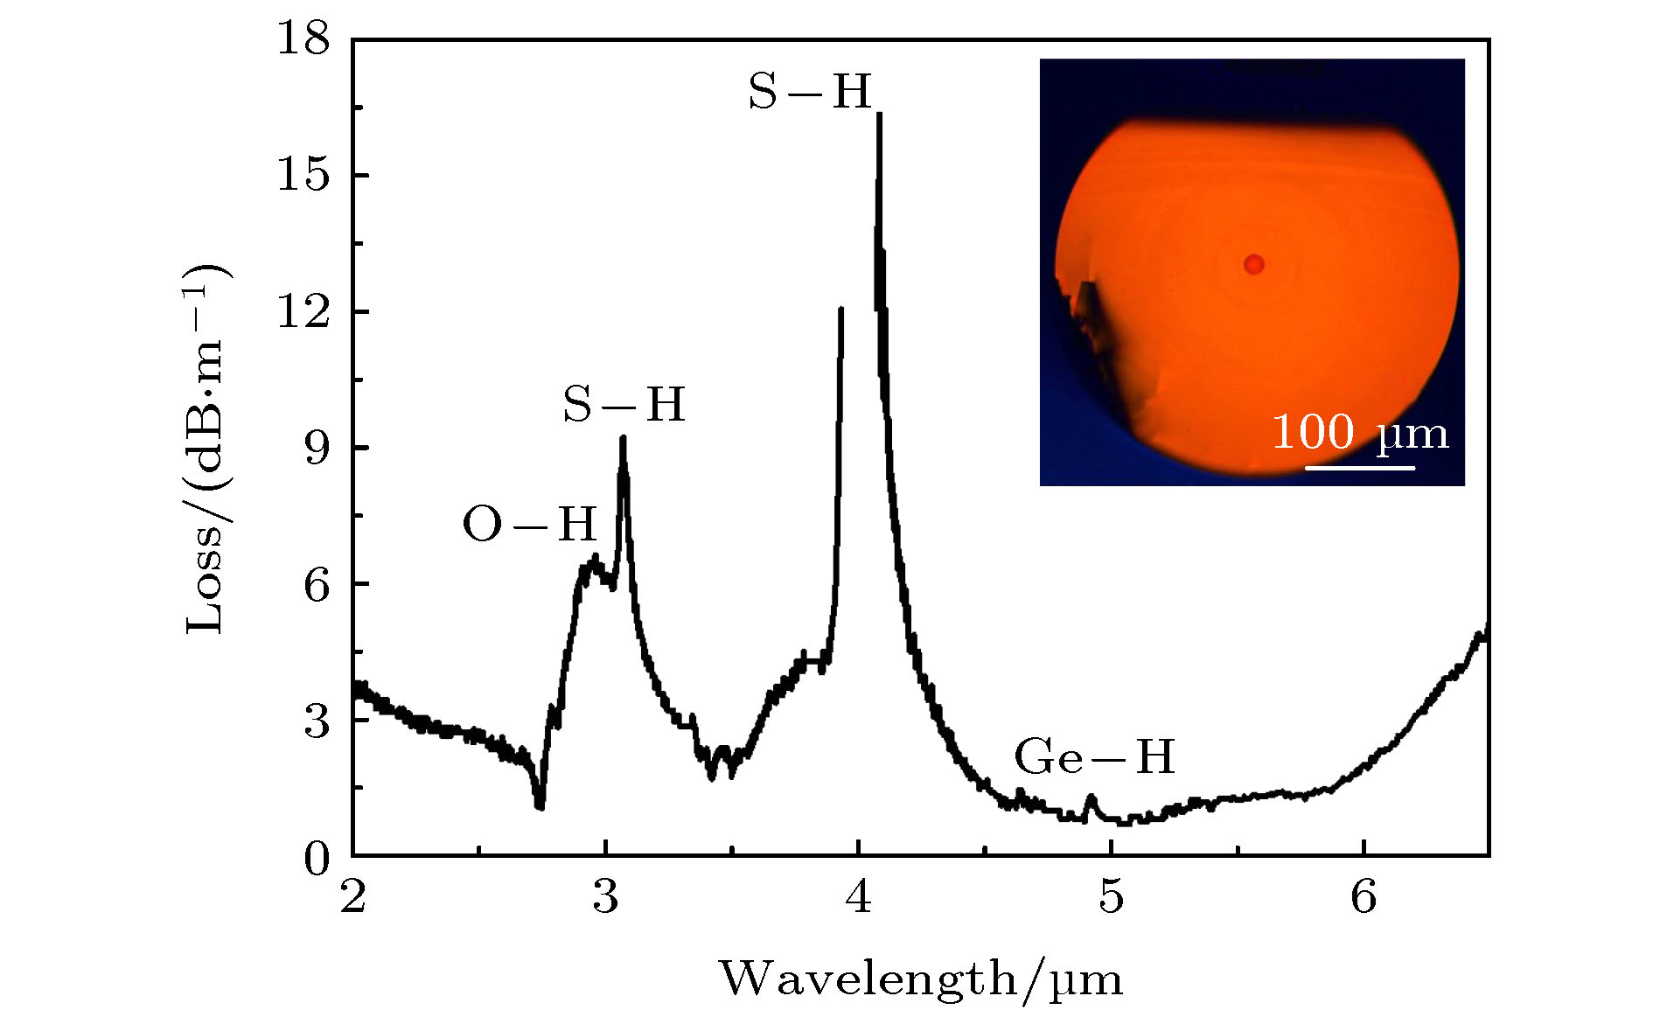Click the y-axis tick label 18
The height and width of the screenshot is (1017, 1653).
click(x=303, y=40)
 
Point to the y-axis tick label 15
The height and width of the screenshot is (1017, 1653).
click(x=303, y=176)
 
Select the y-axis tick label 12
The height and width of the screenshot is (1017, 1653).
click(x=303, y=312)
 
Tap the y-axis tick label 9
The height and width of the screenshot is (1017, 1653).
click(x=317, y=449)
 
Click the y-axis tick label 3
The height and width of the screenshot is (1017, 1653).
click(x=317, y=721)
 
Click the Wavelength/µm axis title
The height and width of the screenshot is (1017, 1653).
click(x=921, y=979)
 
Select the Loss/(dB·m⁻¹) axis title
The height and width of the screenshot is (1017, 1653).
click(x=206, y=448)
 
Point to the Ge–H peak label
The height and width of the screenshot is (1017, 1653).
click(x=1094, y=757)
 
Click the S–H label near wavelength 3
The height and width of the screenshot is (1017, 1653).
click(x=624, y=405)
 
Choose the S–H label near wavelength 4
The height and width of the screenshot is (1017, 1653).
click(x=810, y=91)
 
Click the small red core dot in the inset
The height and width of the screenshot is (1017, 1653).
click(x=1254, y=264)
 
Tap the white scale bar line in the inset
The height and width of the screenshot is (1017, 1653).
click(x=1360, y=468)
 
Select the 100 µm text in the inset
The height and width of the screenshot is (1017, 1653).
click(x=1360, y=432)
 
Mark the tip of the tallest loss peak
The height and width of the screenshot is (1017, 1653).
click(x=879, y=114)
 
